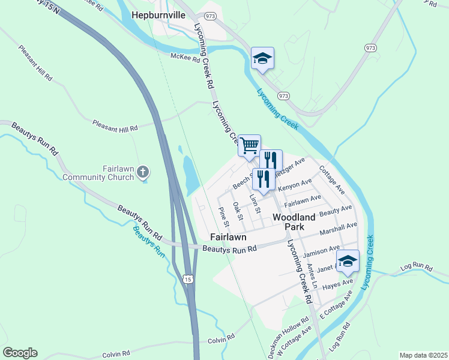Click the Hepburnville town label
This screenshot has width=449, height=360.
click(x=159, y=16)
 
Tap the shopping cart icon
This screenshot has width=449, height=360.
click(x=249, y=145)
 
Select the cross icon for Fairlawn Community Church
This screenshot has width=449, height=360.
click(x=142, y=172)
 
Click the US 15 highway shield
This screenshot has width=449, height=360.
click(x=188, y=279)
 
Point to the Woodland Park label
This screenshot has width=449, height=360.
click(x=295, y=222)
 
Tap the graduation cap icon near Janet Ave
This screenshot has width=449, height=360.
click(x=348, y=260)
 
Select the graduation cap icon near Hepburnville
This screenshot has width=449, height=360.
click(x=262, y=58)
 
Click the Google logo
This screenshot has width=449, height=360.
click(x=20, y=353)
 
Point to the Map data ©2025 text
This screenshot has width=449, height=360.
click(x=423, y=355)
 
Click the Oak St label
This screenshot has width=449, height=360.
click(x=238, y=211)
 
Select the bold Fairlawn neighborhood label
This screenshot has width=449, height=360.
click(x=228, y=237)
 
